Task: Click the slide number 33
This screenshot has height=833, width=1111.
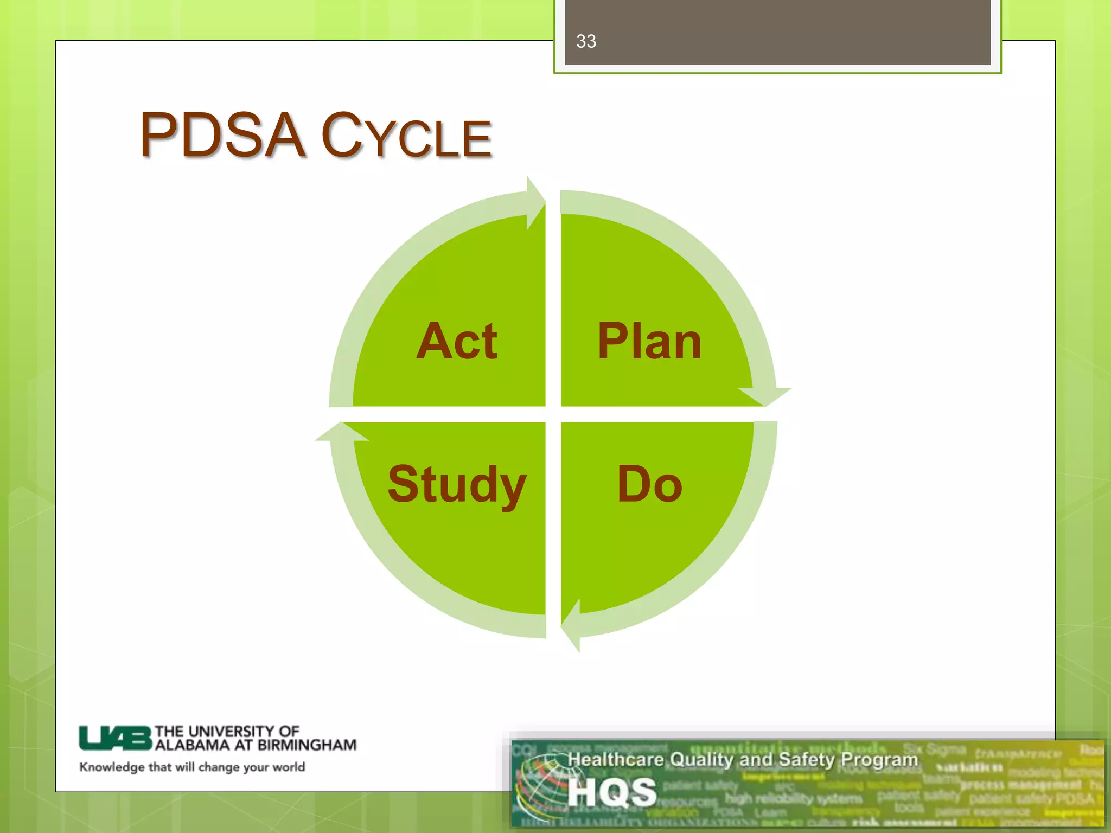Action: click(586, 41)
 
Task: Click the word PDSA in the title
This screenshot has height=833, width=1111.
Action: click(222, 136)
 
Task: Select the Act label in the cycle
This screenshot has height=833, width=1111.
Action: click(457, 341)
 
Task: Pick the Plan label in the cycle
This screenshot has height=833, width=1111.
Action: click(649, 341)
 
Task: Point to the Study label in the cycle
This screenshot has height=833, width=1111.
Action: click(457, 484)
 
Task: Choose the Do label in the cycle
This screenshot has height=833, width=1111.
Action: click(649, 484)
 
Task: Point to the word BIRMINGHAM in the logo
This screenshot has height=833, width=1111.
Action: click(307, 745)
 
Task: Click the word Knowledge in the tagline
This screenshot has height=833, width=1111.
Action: click(112, 767)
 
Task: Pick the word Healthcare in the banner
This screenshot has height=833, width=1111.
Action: click(616, 759)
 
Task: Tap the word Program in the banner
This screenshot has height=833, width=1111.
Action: click(879, 759)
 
